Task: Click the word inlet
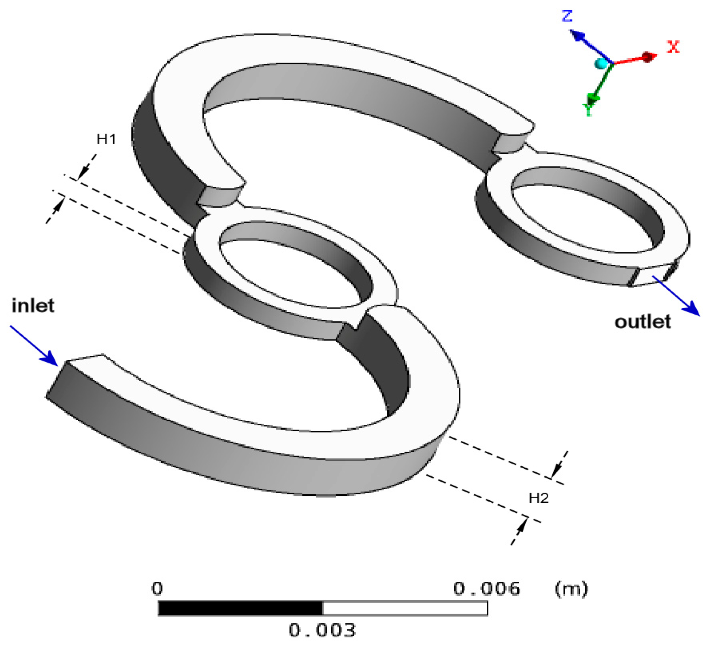click(33, 306)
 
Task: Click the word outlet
click(643, 322)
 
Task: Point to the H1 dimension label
click(106, 139)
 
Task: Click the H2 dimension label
click(539, 498)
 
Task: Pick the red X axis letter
click(673, 47)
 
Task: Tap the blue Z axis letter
click(567, 16)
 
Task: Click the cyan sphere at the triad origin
click(601, 64)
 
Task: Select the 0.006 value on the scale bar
click(486, 589)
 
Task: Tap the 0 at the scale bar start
click(157, 589)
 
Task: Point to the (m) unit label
click(571, 589)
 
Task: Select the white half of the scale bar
click(405, 608)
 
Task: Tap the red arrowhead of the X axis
click(649, 57)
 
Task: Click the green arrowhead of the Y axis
click(593, 98)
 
